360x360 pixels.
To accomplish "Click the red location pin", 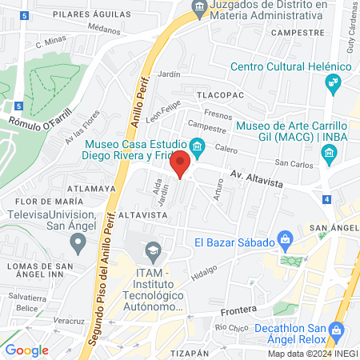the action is [x=181, y=163].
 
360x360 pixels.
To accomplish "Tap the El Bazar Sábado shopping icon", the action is [x=284, y=239].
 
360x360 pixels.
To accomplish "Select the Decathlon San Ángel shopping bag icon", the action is [x=336, y=329].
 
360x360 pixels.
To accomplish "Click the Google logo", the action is [x=26, y=350].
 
